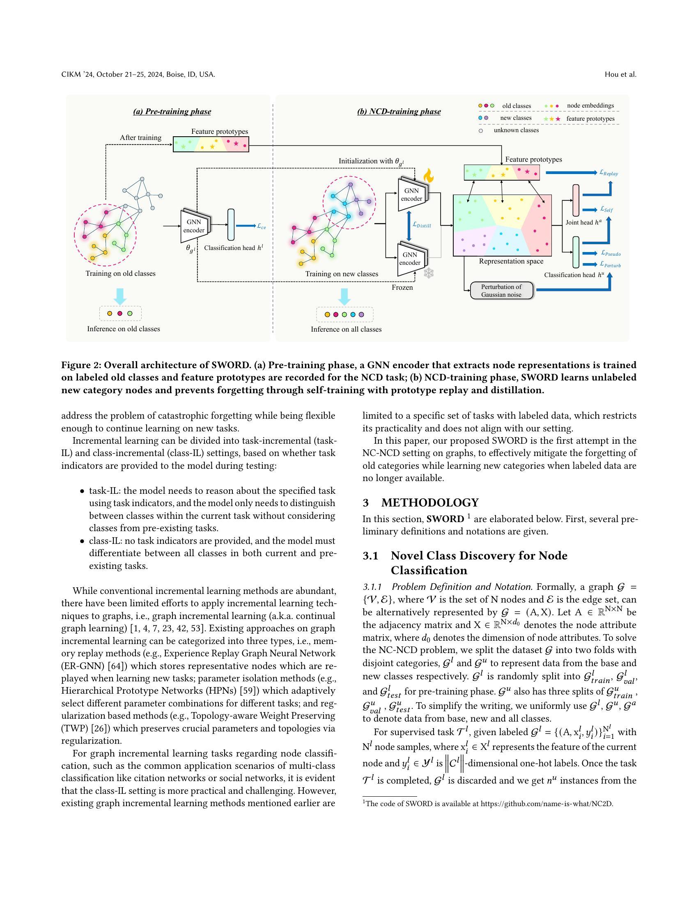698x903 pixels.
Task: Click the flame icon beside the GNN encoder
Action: point(428,175)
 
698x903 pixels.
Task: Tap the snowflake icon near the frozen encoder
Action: point(429,273)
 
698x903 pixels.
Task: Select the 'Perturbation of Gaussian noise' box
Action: point(501,291)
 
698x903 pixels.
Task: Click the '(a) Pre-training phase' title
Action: point(172,112)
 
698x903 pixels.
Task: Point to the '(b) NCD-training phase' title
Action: point(399,112)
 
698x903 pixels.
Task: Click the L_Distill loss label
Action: point(422,225)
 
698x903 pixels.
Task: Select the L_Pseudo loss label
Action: point(611,253)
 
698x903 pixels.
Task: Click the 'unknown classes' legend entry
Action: point(516,130)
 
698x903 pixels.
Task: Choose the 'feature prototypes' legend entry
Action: point(590,119)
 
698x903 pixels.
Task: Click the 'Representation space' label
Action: point(511,261)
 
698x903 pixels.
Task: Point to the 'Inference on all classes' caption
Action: point(346,329)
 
